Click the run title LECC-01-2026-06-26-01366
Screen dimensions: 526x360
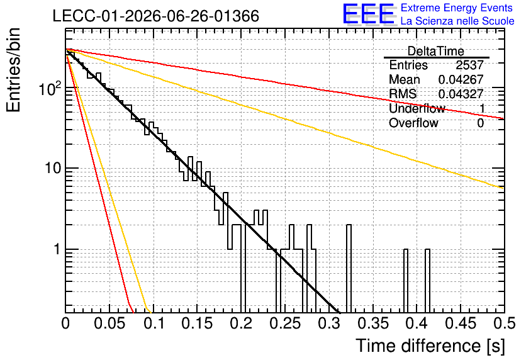(156, 16)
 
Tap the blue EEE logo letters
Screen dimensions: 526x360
(369, 14)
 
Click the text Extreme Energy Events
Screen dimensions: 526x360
(457, 8)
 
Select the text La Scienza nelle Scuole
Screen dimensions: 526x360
(457, 21)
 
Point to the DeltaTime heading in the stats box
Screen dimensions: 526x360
(436, 52)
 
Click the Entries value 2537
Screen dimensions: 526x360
(469, 65)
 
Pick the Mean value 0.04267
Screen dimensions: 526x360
(461, 79)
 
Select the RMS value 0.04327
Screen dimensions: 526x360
(461, 94)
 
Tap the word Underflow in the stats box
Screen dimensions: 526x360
(417, 108)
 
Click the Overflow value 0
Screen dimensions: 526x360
(480, 123)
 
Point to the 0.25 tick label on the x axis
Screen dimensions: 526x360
(285, 323)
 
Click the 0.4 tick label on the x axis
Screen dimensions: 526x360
(417, 323)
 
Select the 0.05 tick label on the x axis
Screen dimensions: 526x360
(109, 323)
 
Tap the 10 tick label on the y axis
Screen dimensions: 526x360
(53, 168)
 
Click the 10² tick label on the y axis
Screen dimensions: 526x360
(50, 88)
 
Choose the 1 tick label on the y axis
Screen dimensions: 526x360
(57, 249)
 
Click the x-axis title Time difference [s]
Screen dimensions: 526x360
(430, 346)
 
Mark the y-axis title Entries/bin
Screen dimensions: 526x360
(13, 70)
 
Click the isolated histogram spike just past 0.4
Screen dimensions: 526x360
(427, 281)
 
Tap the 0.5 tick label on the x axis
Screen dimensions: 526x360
(504, 323)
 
